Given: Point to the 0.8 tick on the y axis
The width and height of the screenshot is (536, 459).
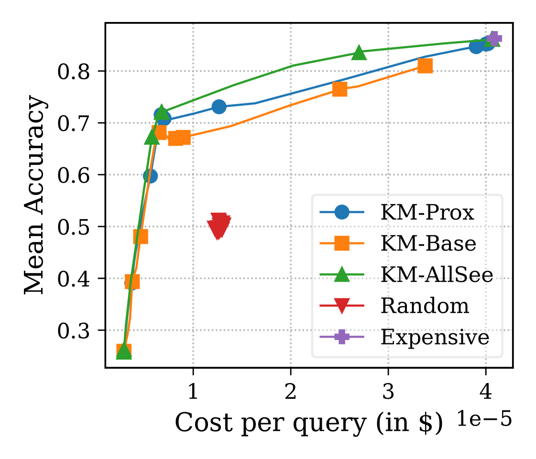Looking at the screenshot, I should [77, 72].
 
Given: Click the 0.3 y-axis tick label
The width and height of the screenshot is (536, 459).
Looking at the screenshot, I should [77, 331].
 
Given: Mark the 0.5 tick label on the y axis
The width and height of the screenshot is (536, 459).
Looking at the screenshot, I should [77, 227].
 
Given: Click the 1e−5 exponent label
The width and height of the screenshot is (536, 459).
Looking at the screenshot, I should [484, 419].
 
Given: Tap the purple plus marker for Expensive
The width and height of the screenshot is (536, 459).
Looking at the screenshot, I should [493, 39].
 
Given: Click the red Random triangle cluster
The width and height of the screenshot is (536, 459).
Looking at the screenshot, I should [219, 225].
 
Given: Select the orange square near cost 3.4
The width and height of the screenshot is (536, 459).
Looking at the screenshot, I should [425, 66].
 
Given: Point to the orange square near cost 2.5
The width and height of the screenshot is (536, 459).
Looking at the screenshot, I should [339, 89].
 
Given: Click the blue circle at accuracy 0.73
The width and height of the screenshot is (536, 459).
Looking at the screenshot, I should [219, 107].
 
